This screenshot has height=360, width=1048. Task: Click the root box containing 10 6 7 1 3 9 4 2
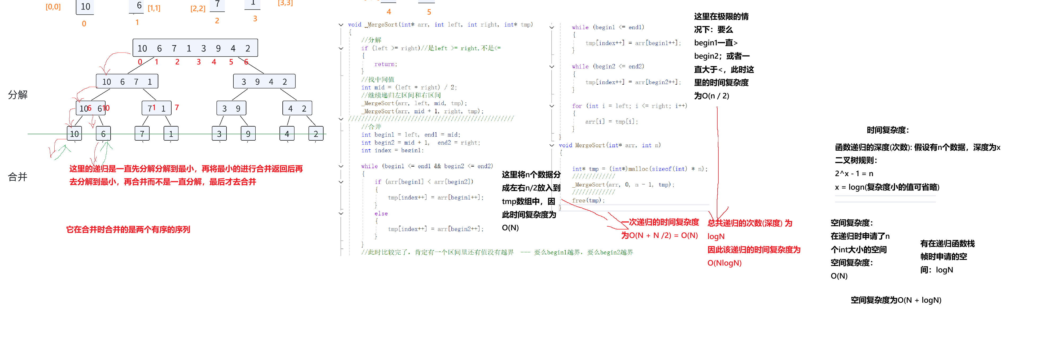pos(195,48)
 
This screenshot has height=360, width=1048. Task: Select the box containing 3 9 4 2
pos(264,82)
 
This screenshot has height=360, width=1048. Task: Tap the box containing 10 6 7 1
pos(127,82)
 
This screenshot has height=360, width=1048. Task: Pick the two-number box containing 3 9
pos(231,108)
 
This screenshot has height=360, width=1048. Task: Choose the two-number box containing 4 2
pos(297,108)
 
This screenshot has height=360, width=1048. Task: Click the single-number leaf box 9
pos(248,133)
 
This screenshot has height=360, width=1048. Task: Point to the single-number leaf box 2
pos(316,133)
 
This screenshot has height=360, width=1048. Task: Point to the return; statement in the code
pos(385,64)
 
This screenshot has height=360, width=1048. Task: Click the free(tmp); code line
pos(588,200)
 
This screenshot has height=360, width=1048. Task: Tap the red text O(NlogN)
pos(724,263)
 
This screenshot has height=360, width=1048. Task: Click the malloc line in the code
pos(640,168)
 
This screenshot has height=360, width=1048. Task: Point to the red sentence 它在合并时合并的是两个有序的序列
pos(128,229)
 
